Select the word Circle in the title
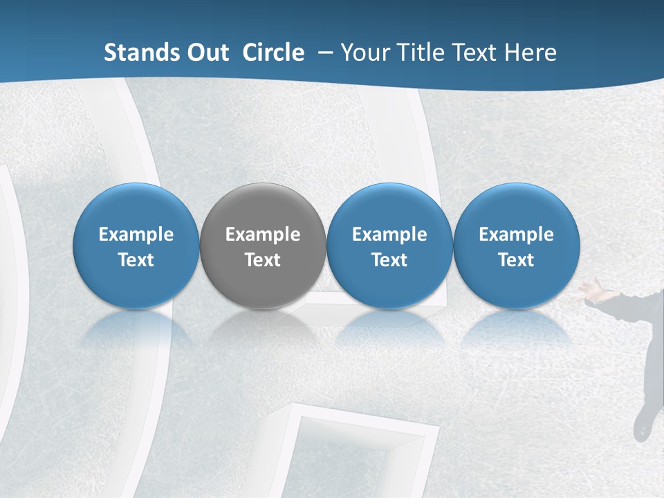point(273,53)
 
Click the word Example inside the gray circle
point(263,234)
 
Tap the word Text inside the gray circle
point(263,260)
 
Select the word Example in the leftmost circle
point(136,234)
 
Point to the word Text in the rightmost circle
point(516,260)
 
